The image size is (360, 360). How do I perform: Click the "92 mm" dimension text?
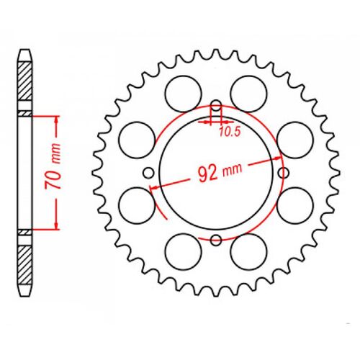point(220,172)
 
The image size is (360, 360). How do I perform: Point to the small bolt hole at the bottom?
point(216,239)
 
